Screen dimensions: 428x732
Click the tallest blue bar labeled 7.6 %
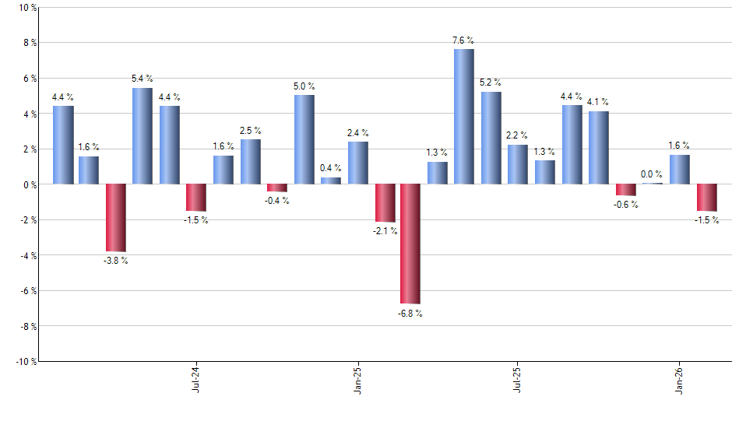tap(464, 117)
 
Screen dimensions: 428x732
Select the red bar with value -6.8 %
tap(410, 244)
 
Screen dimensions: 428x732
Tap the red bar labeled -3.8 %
tap(116, 218)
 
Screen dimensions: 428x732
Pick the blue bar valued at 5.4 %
tap(143, 136)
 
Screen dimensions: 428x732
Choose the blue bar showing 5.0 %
tap(304, 139)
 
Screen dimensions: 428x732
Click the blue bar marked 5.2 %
tap(491, 138)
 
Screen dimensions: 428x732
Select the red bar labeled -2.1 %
tap(385, 203)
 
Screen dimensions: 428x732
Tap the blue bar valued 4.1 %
tap(599, 148)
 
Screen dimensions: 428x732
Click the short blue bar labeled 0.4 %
tap(331, 181)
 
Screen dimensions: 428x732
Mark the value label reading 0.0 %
tap(652, 174)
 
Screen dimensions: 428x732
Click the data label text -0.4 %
tap(278, 201)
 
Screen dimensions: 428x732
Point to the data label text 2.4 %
tap(358, 133)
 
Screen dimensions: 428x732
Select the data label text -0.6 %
tap(626, 205)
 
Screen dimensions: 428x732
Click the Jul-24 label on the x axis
tap(195, 379)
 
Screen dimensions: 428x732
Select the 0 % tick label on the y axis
tap(29, 184)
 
